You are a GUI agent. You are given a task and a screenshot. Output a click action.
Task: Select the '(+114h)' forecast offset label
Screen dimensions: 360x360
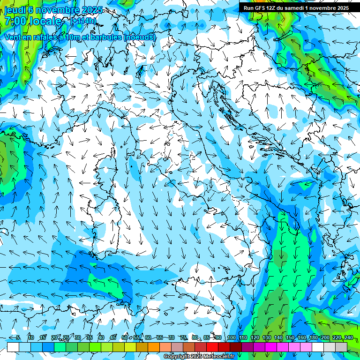pyautogui.click(x=83, y=21)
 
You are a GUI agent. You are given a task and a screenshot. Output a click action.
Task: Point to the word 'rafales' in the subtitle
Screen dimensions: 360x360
pyautogui.click(x=43, y=37)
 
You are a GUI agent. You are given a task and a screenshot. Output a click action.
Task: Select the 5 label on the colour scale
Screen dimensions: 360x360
pyautogui.click(x=18, y=337)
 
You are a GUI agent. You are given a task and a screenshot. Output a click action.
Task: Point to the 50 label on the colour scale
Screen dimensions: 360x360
pyautogui.click(x=124, y=337)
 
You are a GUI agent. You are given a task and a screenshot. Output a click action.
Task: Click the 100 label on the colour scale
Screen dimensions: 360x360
pyautogui.click(x=231, y=337)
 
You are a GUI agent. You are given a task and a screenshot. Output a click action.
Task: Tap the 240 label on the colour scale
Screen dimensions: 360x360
pyautogui.click(x=348, y=337)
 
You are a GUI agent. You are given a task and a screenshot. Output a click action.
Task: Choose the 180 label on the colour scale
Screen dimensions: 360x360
pyautogui.click(x=313, y=337)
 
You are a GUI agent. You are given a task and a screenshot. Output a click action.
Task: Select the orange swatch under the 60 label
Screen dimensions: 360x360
pyautogui.click(x=153, y=347)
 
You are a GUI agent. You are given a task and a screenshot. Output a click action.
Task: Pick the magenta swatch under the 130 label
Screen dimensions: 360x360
pyautogui.click(x=271, y=347)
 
